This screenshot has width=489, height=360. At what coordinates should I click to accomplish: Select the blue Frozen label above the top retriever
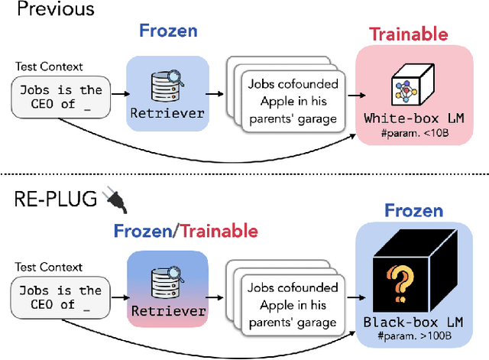168,31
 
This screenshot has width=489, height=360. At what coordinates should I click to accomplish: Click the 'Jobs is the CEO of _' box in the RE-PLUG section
59,297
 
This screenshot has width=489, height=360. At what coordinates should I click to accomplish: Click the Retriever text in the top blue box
168,113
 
